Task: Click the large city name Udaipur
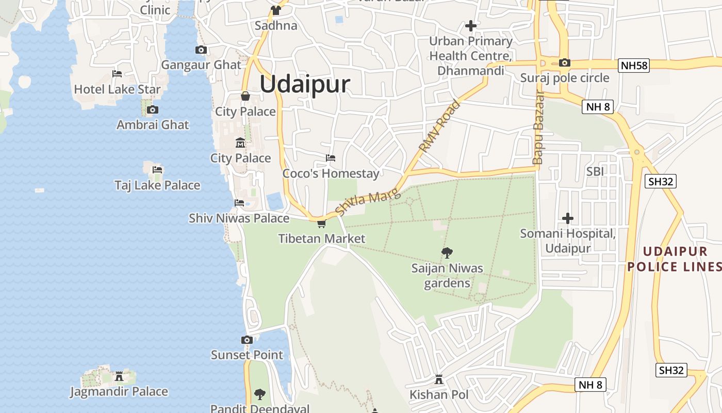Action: (305, 84)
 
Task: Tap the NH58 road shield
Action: (633, 65)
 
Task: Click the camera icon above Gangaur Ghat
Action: (201, 50)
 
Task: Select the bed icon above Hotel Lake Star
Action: (117, 74)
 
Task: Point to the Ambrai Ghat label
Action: (153, 124)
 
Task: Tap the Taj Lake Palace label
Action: (157, 185)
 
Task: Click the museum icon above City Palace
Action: (240, 142)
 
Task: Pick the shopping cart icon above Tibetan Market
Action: (321, 224)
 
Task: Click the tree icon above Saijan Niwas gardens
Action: (447, 252)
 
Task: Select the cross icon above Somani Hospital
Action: (568, 218)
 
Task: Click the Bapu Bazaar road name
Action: (538, 128)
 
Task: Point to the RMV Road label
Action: (439, 126)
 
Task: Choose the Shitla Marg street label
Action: (367, 203)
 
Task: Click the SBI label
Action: (595, 171)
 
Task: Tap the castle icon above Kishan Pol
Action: (439, 379)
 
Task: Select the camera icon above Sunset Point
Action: (247, 340)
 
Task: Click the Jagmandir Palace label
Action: (119, 392)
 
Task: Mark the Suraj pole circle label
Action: (565, 78)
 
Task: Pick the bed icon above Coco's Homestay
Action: (331, 157)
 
